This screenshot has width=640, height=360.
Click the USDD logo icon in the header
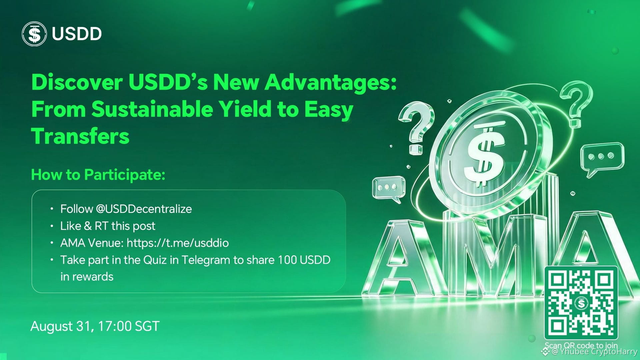34,34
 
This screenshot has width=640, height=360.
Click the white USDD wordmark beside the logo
77,34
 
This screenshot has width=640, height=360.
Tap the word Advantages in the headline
331,83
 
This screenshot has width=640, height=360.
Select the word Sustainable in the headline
152,109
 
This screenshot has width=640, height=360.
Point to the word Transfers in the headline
80,136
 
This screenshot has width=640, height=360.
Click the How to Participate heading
98,175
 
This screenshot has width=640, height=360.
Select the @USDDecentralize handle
144,209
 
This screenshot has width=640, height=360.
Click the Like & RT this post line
108,226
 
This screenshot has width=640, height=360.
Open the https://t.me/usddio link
178,243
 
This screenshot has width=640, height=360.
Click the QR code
581,303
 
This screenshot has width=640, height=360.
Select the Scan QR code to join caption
581,345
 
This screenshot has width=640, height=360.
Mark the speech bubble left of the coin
388,188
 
